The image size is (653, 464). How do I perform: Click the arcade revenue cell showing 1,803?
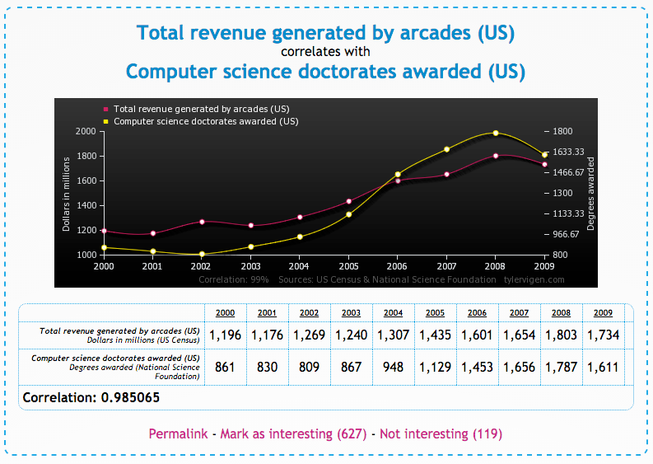coord(562,335)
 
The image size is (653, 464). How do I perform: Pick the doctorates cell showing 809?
coord(310,367)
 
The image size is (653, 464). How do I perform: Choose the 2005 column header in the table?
coord(436,313)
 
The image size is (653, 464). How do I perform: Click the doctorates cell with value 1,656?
coord(520,367)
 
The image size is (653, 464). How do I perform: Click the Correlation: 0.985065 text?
coord(91,397)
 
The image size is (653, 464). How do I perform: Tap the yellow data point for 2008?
coord(496,133)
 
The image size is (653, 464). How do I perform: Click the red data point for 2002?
coord(201,222)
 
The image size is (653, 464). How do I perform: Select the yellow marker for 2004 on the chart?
coord(300,237)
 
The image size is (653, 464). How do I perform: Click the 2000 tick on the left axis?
coord(86,131)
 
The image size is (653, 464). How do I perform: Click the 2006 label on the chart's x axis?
coord(398,267)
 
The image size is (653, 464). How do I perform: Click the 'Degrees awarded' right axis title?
coord(591,193)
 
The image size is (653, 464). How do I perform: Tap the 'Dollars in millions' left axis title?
coord(66,193)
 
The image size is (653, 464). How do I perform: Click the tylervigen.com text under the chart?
coord(535,280)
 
